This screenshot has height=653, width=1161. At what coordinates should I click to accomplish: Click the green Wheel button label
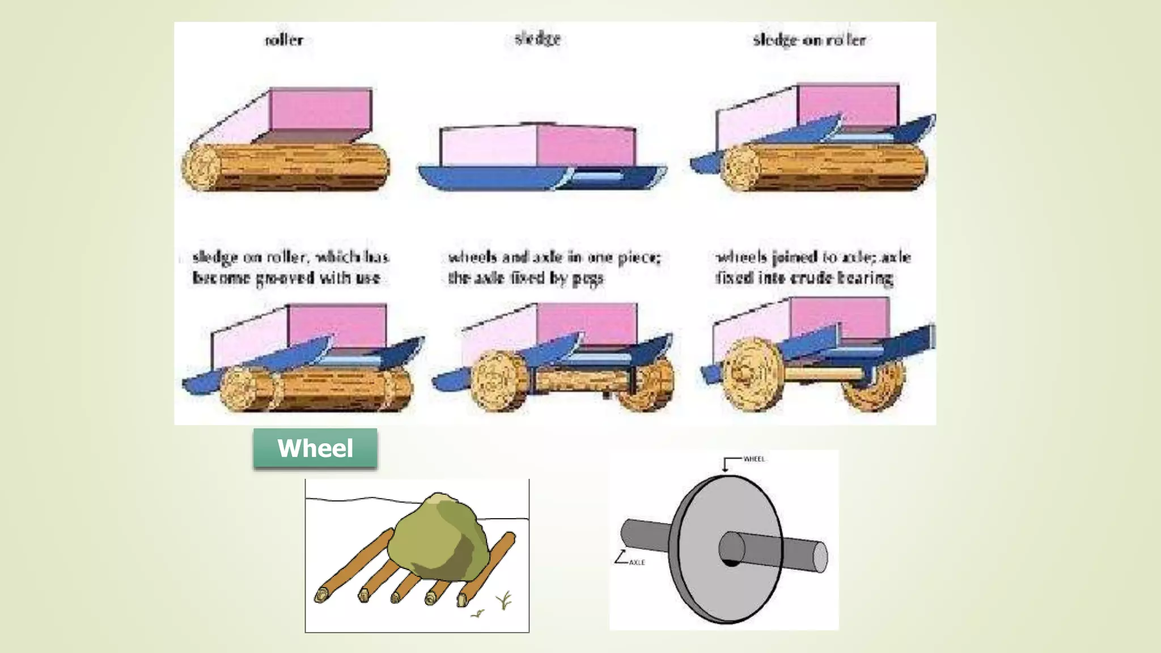click(x=315, y=448)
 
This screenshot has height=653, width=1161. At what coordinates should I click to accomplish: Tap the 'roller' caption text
click(x=284, y=40)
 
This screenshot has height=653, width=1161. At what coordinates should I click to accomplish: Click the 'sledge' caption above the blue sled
click(x=537, y=39)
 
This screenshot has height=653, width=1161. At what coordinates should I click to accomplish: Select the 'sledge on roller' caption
click(x=809, y=40)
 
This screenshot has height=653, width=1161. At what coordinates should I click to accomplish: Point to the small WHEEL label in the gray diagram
click(x=754, y=459)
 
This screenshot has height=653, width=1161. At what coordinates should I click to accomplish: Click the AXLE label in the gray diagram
click(x=637, y=562)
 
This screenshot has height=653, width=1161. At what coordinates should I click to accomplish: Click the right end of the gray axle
click(x=820, y=557)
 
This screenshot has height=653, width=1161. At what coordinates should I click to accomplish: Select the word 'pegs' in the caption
click(x=588, y=279)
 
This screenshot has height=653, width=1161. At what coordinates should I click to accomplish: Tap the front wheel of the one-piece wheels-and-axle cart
click(x=499, y=380)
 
